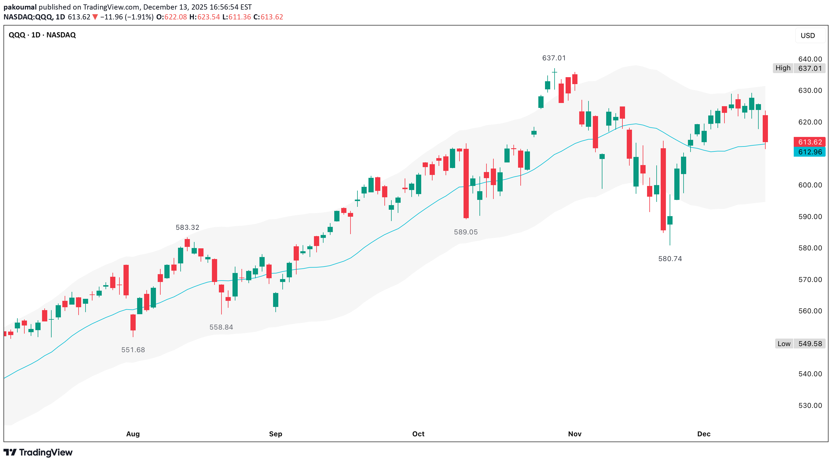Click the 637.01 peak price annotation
554,58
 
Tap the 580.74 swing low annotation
670,259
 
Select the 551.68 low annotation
133,350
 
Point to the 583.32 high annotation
187,227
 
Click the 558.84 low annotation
221,327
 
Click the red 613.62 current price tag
810,142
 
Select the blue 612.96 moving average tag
810,152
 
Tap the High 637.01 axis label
799,68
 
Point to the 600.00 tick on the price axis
810,185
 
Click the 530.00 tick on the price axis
810,406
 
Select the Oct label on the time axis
418,434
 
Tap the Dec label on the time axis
704,434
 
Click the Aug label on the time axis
133,434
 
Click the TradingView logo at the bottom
38,452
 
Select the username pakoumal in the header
20,7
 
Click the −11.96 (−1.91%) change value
127,17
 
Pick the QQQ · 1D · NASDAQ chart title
42,35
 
